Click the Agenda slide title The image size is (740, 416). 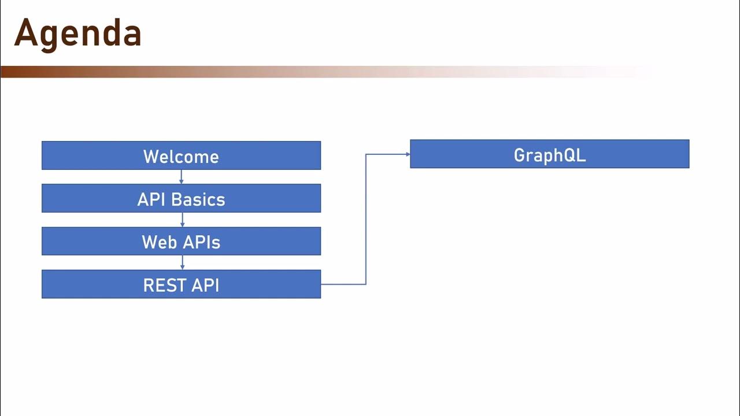pyautogui.click(x=77, y=34)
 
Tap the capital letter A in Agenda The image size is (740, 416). pyautogui.click(x=25, y=34)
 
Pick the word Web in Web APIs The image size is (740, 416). pyautogui.click(x=159, y=242)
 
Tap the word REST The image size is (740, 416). pyautogui.click(x=164, y=285)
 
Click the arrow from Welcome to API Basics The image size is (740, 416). pyautogui.click(x=182, y=177)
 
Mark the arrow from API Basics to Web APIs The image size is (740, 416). pyautogui.click(x=182, y=220)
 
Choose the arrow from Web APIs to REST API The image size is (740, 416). pyautogui.click(x=182, y=262)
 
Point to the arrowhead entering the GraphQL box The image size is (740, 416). pyautogui.click(x=408, y=154)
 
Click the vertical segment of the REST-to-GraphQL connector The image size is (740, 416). pyautogui.click(x=366, y=220)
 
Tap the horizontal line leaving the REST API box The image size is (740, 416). pyautogui.click(x=343, y=284)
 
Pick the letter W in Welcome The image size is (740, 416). pyautogui.click(x=151, y=157)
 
